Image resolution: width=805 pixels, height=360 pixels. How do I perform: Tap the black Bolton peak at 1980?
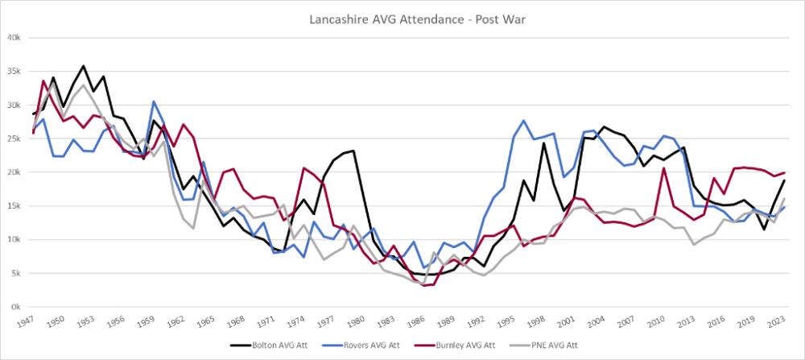354,151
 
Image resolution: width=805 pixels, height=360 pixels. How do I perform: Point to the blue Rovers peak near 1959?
153,101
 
